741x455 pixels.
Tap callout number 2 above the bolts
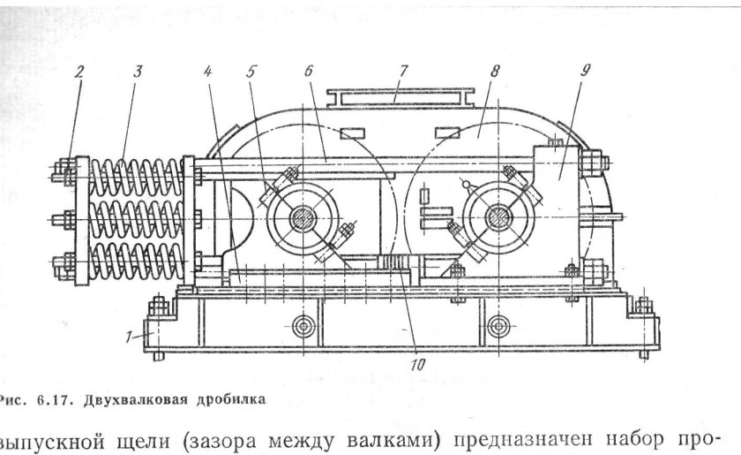[x=79, y=72]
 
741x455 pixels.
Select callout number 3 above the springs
[x=137, y=72]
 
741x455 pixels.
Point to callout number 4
[x=208, y=72]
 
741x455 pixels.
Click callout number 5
[x=252, y=72]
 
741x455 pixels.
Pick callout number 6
[x=310, y=72]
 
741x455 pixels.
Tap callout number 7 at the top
[x=400, y=71]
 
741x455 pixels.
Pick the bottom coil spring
[x=137, y=262]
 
